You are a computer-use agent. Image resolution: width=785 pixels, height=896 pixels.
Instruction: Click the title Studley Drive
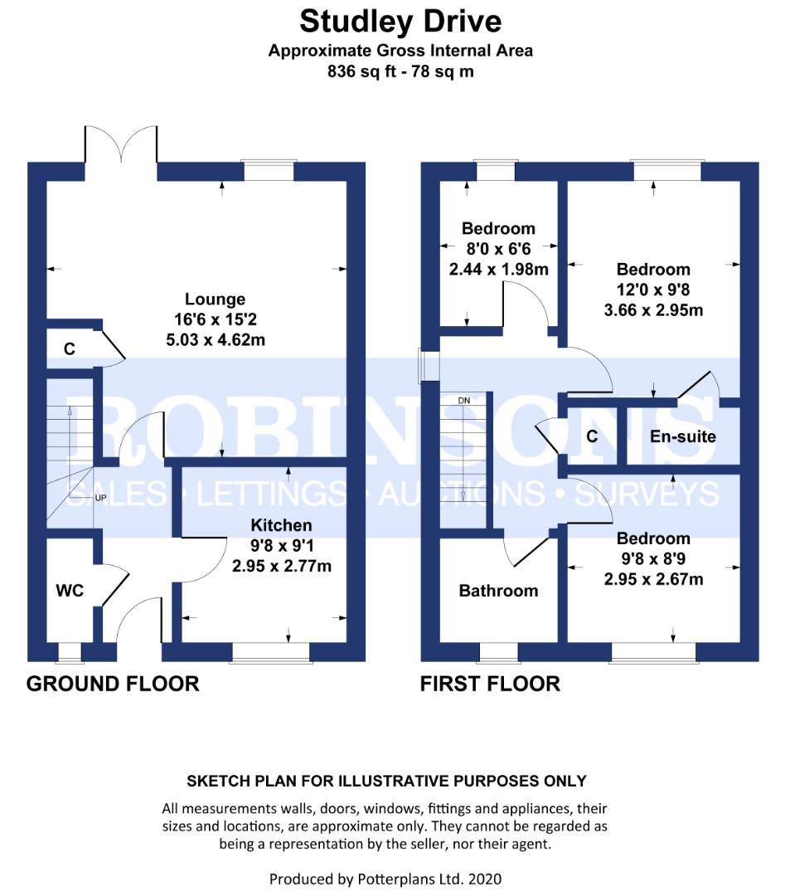pyautogui.click(x=400, y=20)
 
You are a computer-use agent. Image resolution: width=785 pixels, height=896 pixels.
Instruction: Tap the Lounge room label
pyautogui.click(x=215, y=299)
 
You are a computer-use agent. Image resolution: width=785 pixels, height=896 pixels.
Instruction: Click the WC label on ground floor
pyautogui.click(x=70, y=592)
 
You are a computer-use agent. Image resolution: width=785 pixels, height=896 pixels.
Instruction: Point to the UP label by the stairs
pyautogui.click(x=101, y=499)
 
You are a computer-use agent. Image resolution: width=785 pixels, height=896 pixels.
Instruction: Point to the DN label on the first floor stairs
pyautogui.click(x=464, y=401)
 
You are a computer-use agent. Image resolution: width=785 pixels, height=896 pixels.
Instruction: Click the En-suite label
pyautogui.click(x=683, y=436)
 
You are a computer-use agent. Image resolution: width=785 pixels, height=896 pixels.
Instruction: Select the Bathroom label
pyautogui.click(x=498, y=591)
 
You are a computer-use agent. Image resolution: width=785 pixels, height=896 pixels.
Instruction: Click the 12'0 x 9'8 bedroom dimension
pyautogui.click(x=653, y=290)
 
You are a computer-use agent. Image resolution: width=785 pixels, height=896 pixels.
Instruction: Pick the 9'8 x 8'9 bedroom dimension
pyautogui.click(x=653, y=559)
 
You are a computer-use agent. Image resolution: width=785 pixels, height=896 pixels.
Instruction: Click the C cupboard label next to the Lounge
pyautogui.click(x=70, y=349)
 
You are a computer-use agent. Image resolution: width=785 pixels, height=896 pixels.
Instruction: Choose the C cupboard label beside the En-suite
pyautogui.click(x=592, y=436)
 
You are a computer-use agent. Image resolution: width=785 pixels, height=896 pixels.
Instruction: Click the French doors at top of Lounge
pyautogui.click(x=121, y=148)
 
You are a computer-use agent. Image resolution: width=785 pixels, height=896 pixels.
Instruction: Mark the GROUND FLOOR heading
pyautogui.click(x=113, y=684)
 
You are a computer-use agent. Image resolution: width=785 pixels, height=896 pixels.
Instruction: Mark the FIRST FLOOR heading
pyautogui.click(x=490, y=684)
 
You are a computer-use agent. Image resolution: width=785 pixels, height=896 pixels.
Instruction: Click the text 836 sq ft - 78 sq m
pyautogui.click(x=400, y=71)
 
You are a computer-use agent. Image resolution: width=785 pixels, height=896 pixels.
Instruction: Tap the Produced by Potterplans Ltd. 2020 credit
pyautogui.click(x=385, y=878)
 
